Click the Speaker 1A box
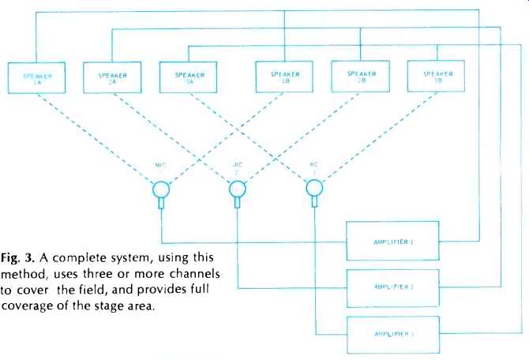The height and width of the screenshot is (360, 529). [36, 78]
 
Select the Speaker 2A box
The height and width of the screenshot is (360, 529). [113, 78]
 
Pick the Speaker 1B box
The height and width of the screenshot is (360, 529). [285, 78]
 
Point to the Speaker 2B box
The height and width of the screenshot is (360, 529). [362, 78]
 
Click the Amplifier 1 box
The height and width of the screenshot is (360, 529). [392, 242]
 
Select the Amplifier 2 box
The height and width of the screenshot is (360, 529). [392, 286]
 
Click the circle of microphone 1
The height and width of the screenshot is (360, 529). [162, 189]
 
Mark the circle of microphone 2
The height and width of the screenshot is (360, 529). [237, 189]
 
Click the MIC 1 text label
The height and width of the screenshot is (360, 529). [161, 167]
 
